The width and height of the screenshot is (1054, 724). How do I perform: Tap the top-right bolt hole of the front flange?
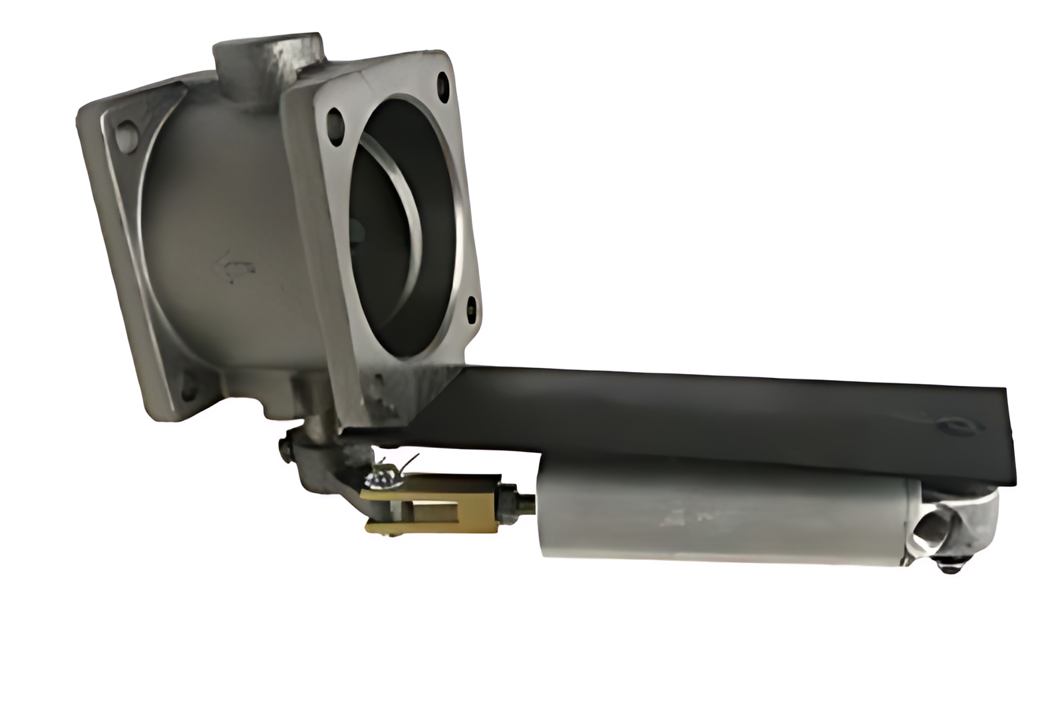(x=440, y=85)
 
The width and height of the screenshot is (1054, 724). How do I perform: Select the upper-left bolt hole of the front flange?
(x=335, y=120)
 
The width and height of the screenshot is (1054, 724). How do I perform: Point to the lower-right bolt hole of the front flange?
(x=471, y=307)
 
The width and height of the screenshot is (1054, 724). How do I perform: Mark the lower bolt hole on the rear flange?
(x=190, y=386)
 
